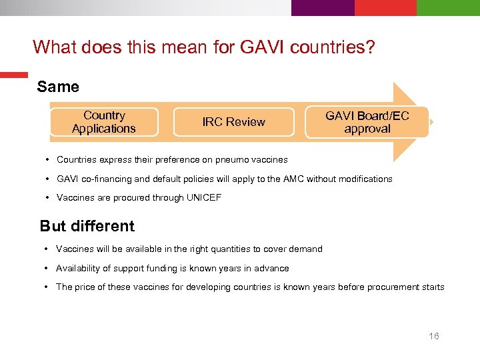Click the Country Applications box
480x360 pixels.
coord(104,122)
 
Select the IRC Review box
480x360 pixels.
coord(233,122)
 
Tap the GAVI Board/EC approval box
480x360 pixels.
coord(367,122)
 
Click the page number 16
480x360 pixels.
coord(434,336)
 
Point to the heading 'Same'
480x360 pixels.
coord(58,87)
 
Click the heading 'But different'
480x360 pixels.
coord(87,226)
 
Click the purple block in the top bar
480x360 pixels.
coord(323,7)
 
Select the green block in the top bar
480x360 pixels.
coord(448,7)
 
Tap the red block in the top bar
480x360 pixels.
coord(385,7)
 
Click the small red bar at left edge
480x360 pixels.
coord(13,75)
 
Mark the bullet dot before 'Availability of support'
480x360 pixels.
coord(45,268)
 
